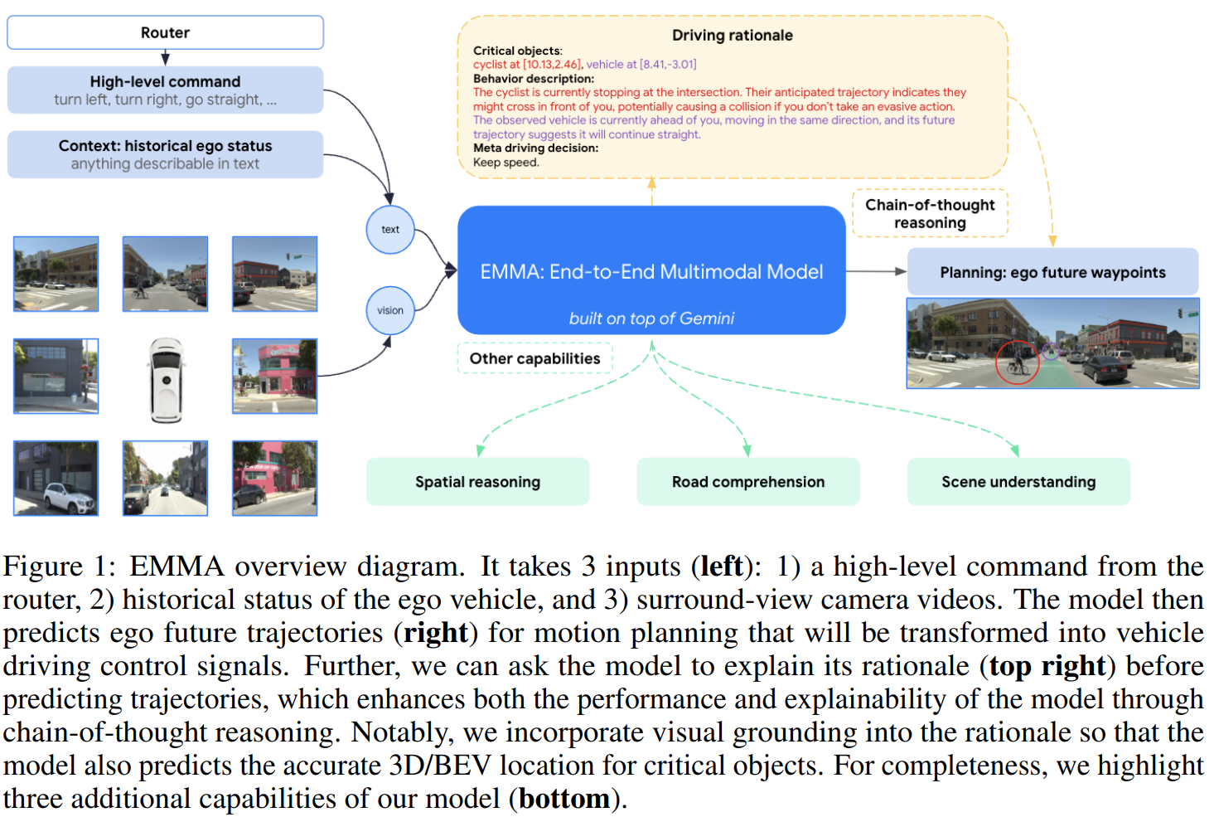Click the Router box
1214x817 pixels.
coord(165,32)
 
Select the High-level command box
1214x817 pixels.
coord(165,90)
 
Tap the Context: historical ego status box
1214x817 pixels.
coord(165,154)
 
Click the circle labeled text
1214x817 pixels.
coord(390,230)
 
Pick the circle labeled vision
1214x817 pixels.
coord(390,310)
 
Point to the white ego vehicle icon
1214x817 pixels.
coord(167,380)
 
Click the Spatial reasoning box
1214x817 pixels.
coord(477,482)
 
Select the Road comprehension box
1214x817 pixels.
coord(748,482)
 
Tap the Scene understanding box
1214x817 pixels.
coord(1018,482)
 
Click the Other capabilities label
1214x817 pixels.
coord(535,358)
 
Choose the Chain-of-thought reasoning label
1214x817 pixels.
coord(930,214)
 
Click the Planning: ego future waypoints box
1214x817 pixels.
coord(1052,272)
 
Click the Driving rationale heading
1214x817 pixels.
coord(733,36)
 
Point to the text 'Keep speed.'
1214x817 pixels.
coord(506,163)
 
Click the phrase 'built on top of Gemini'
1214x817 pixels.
coord(651,318)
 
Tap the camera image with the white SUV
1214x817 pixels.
coord(56,478)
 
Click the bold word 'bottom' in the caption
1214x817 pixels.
coord(564,799)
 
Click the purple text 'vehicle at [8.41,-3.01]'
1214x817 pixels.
coord(641,65)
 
